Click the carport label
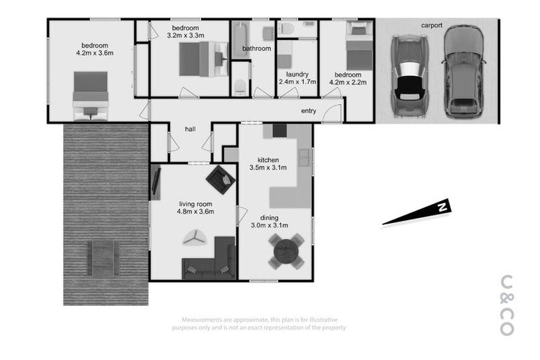coord(432,26)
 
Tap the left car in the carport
coord(408,75)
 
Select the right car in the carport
coord(463,73)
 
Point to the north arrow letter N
coord(442,207)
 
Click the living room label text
coord(195,202)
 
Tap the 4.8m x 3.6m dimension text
coord(195,212)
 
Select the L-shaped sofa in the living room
coord(211,260)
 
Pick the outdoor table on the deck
coord(103,257)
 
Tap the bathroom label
coord(257,49)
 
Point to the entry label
coord(308,111)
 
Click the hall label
coord(190,129)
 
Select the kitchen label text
coord(269,159)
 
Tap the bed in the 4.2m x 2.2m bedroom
coord(359,48)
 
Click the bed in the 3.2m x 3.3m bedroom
coord(203,59)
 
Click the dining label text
coord(269,217)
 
